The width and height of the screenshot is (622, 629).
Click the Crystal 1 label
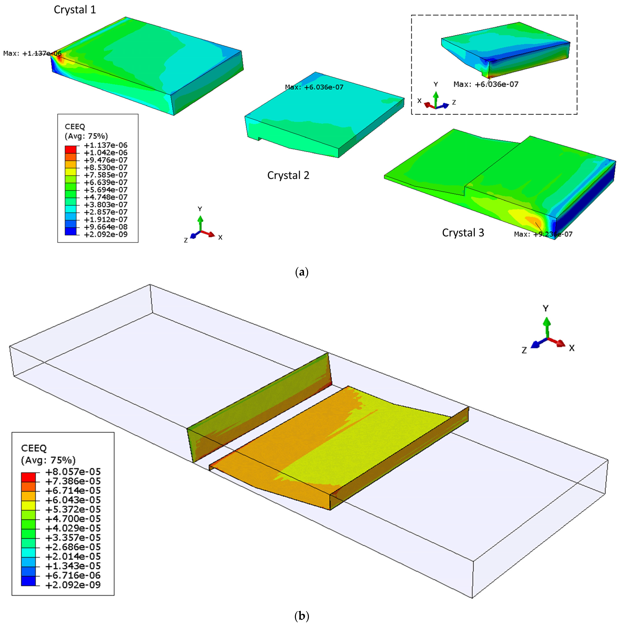pyautogui.click(x=75, y=10)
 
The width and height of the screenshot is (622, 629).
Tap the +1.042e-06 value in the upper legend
pyautogui.click(x=106, y=153)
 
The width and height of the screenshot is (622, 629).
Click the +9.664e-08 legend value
pyautogui.click(x=106, y=227)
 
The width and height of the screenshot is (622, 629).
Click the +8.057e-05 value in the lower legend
pyautogui.click(x=73, y=472)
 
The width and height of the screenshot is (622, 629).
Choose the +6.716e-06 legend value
pyautogui.click(x=73, y=575)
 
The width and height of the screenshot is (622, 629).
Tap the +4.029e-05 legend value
pyautogui.click(x=73, y=528)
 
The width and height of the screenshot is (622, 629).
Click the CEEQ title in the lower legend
pyautogui.click(x=34, y=448)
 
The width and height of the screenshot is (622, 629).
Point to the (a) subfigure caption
pyautogui.click(x=301, y=272)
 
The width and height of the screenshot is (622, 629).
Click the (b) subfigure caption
pyautogui.click(x=301, y=616)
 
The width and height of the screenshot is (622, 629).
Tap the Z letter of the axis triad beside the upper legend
pyautogui.click(x=186, y=240)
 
